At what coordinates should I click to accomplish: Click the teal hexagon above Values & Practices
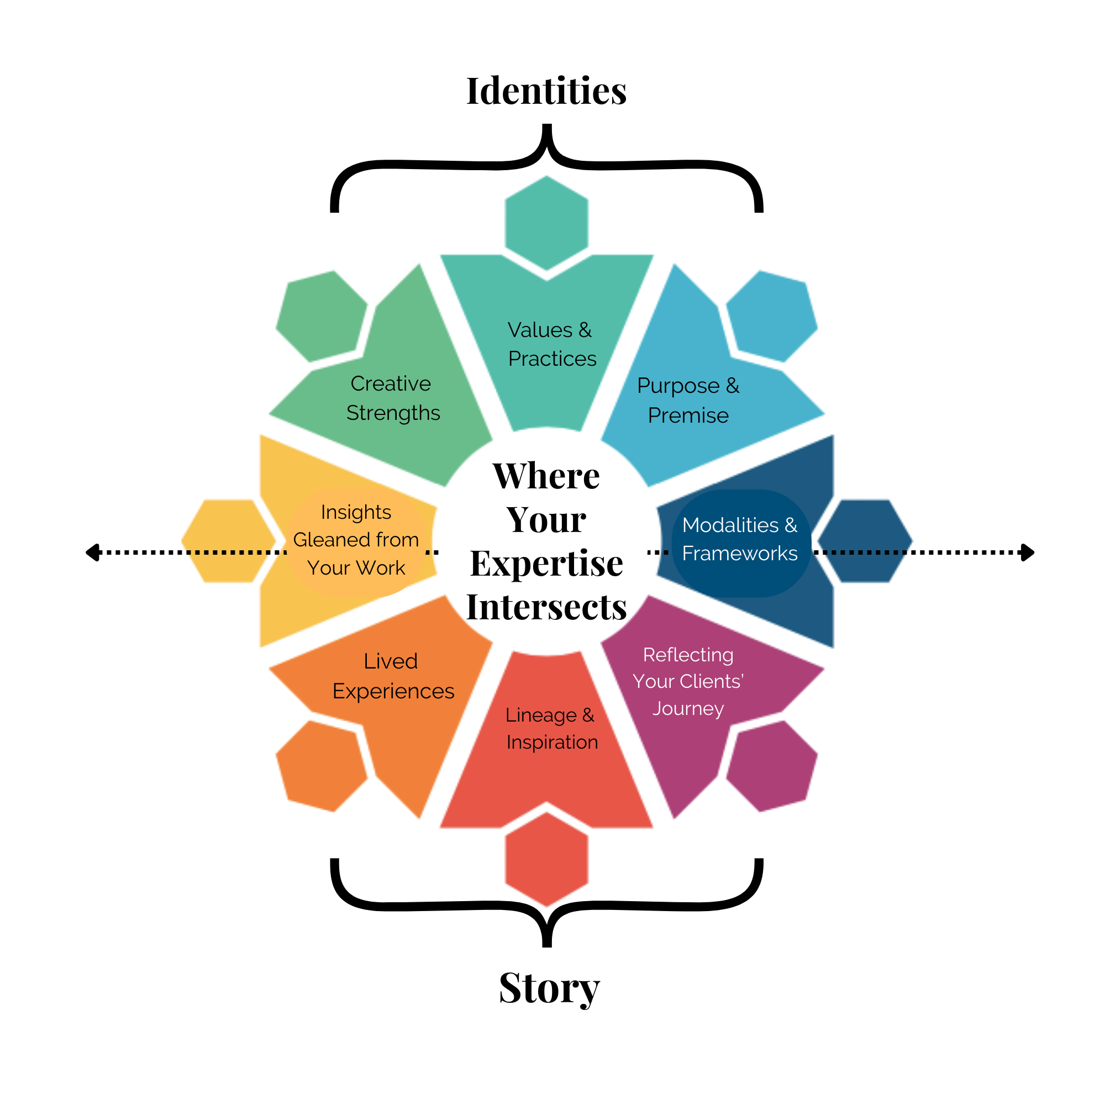click(546, 223)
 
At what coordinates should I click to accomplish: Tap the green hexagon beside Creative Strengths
click(322, 315)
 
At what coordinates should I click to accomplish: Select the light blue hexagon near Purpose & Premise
click(771, 315)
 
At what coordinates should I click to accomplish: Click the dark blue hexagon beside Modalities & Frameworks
click(864, 540)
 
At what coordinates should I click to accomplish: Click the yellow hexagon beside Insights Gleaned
click(229, 540)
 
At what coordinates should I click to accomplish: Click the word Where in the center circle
click(546, 476)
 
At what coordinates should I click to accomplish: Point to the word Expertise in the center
click(546, 564)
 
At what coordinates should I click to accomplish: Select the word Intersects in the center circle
click(546, 607)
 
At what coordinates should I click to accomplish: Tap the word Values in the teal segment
click(539, 330)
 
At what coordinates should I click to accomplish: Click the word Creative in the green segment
click(391, 383)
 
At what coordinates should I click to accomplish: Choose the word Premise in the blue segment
click(688, 416)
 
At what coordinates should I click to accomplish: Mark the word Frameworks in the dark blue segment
click(740, 554)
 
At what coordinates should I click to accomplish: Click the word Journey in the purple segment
click(688, 709)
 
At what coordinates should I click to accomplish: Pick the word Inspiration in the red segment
click(552, 743)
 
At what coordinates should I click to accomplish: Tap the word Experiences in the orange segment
click(393, 692)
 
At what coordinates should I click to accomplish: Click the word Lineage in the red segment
click(540, 715)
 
